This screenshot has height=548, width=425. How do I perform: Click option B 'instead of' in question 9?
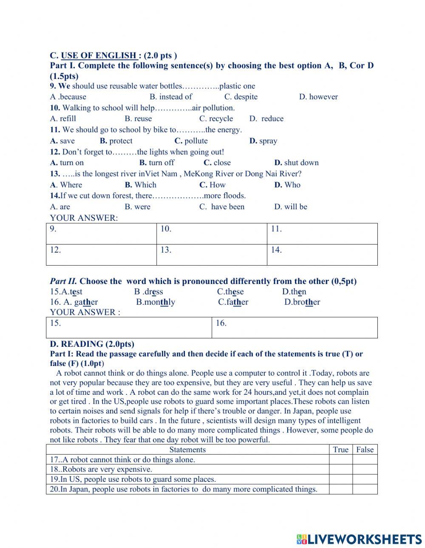click(x=171, y=97)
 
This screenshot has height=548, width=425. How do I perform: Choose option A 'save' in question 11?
click(x=62, y=141)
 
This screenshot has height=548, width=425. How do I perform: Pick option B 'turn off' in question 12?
click(x=157, y=163)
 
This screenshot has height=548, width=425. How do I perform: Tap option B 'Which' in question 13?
click(x=141, y=185)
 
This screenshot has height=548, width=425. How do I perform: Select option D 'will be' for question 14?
click(x=291, y=207)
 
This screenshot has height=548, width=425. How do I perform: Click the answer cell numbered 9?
click(x=101, y=234)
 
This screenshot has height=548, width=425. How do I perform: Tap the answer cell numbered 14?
click(x=322, y=255)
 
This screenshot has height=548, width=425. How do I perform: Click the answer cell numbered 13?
click(x=211, y=255)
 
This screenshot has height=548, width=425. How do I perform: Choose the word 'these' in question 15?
click(x=230, y=292)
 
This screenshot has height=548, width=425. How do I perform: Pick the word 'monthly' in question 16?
click(x=156, y=302)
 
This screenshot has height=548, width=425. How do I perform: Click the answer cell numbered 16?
click(x=294, y=328)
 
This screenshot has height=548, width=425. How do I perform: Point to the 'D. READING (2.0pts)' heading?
click(x=92, y=344)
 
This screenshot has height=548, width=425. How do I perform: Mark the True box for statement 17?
click(x=340, y=460)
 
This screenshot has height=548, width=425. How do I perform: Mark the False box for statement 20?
click(x=365, y=489)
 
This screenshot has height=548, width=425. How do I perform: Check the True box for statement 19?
click(x=340, y=479)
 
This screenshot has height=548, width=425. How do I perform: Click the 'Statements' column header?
click(x=187, y=450)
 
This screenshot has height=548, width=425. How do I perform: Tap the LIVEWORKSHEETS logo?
click(x=359, y=539)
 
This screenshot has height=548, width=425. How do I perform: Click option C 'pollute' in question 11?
click(x=191, y=141)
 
